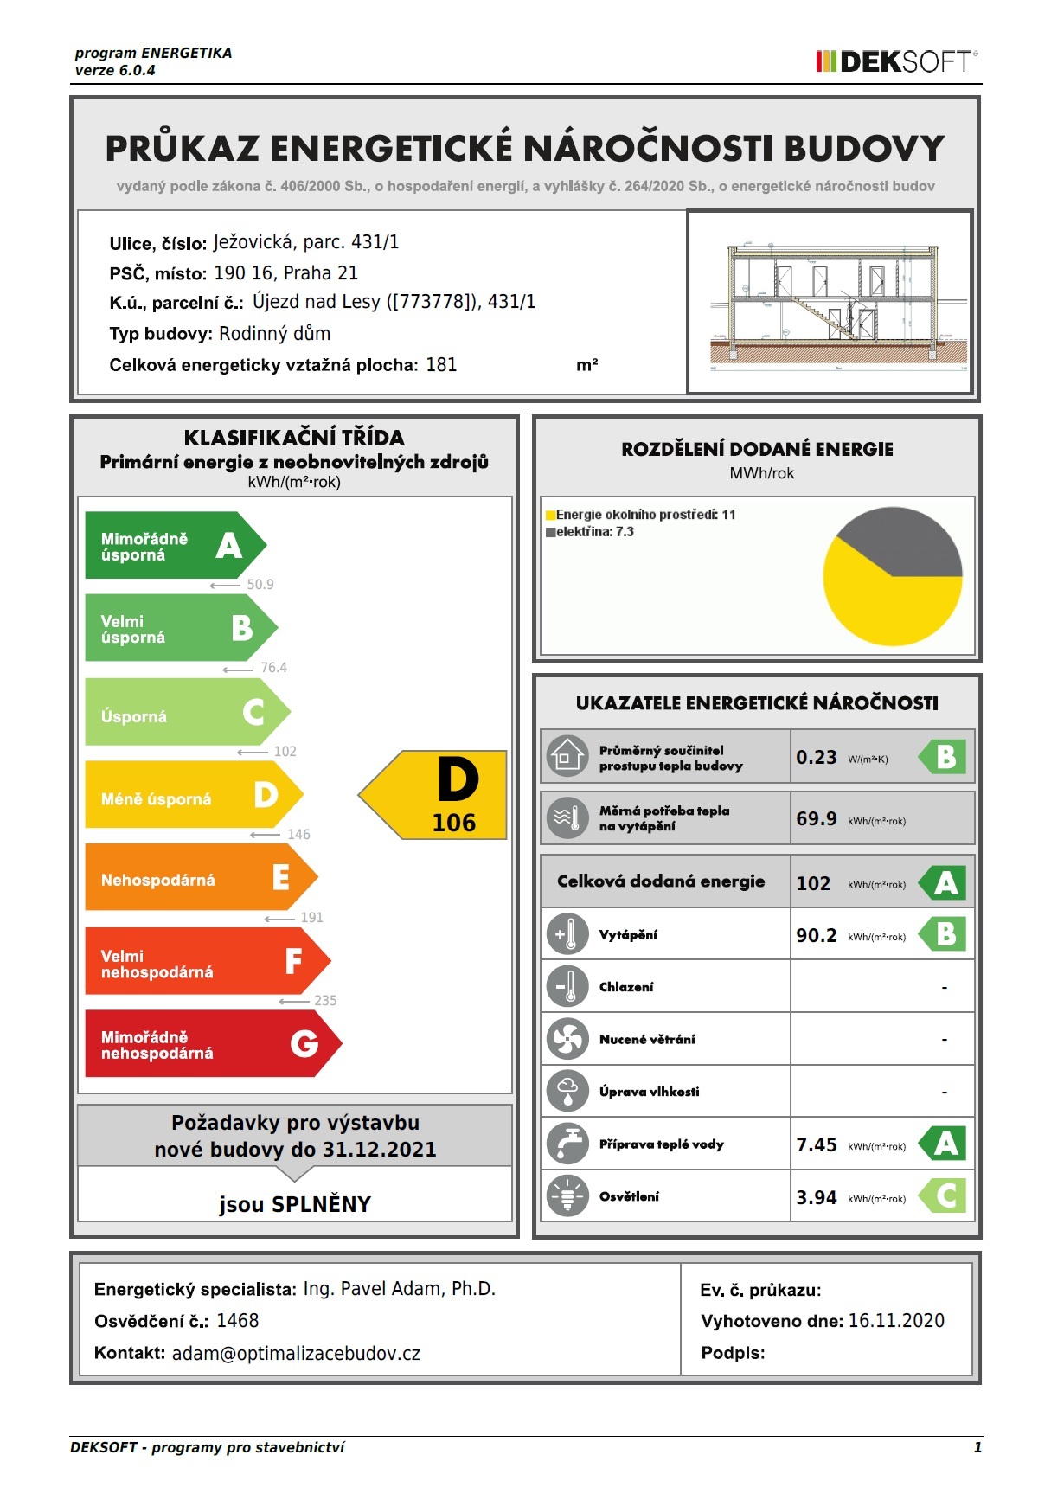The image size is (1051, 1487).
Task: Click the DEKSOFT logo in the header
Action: point(896,61)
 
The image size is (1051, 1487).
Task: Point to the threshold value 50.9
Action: point(260,585)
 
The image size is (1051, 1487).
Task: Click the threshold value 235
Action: point(325,1001)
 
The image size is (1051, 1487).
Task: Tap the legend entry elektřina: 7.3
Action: point(594,532)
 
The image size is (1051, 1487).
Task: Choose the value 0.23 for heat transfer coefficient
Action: point(816,758)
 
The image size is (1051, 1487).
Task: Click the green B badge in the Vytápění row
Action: point(945,934)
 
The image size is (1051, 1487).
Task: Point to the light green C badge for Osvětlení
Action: point(945,1196)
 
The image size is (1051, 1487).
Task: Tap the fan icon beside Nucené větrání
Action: point(567,1039)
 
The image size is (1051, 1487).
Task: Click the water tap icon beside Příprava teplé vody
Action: point(567,1144)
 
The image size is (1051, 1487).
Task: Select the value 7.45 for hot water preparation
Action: point(816,1145)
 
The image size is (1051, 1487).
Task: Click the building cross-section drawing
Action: point(830,303)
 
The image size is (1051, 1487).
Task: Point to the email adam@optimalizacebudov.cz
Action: point(296,1354)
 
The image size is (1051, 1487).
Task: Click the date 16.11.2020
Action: point(896,1321)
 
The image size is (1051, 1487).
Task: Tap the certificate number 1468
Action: point(237,1321)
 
